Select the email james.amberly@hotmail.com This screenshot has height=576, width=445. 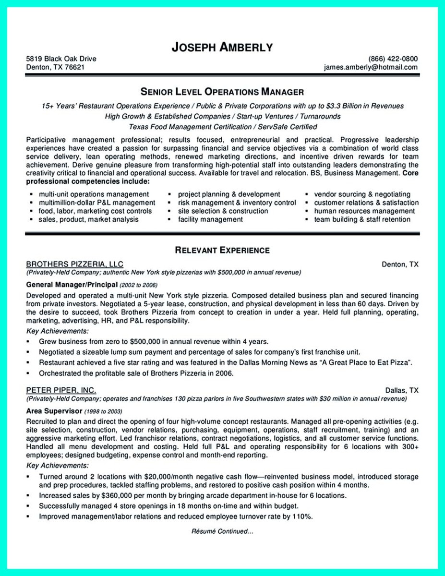tap(370, 67)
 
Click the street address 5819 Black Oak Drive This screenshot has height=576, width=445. tap(61, 59)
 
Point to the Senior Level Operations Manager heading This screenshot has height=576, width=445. tap(222, 91)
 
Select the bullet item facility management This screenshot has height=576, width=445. tap(210, 219)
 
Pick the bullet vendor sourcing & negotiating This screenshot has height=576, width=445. tap(362, 194)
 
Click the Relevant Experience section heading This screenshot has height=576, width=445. tap(222, 250)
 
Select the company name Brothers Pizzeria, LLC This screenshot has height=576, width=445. tap(74, 264)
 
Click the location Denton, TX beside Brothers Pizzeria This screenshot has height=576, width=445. tap(400, 264)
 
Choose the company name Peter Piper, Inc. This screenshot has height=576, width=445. tap(60, 390)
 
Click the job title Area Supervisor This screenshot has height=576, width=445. tap(54, 411)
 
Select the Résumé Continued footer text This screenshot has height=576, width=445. tap(222, 531)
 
